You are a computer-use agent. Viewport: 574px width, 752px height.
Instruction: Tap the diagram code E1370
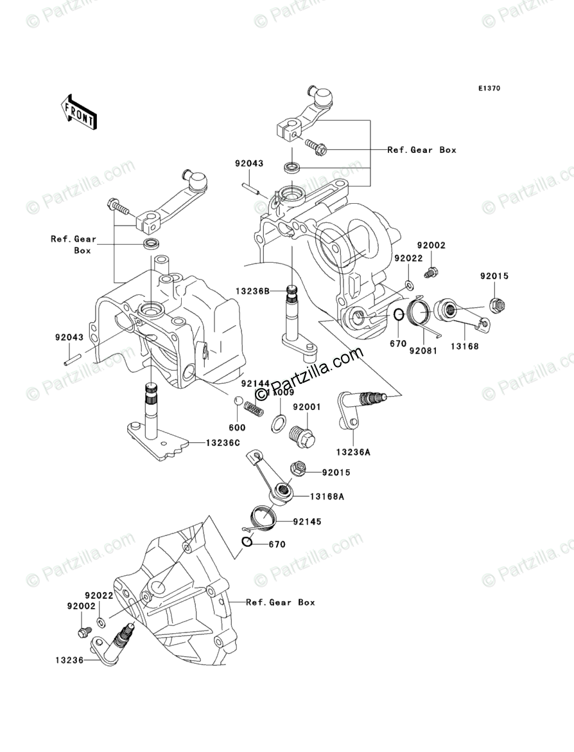pos(488,89)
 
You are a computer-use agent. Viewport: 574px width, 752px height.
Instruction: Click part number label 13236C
pos(223,443)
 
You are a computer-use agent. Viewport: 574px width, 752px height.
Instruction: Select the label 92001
pos(307,407)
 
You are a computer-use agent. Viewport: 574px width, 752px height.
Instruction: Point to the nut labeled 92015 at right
pos(496,303)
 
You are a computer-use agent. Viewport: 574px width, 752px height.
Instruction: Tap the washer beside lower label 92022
pos(101,622)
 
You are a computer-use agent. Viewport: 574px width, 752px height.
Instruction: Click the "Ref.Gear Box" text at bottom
pos(281,602)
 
